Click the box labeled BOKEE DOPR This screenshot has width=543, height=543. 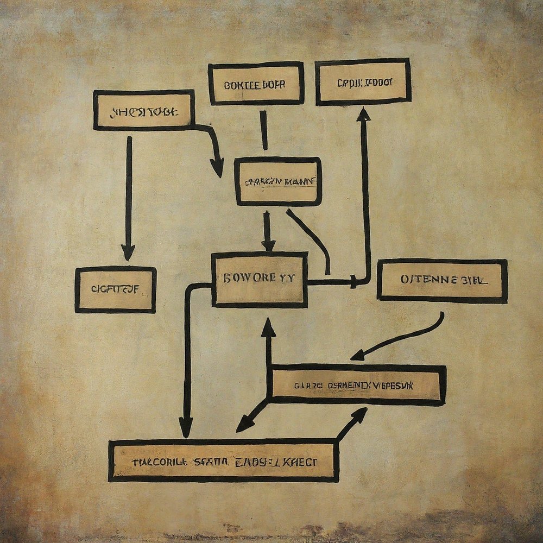click(255, 84)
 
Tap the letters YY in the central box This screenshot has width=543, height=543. click(287, 278)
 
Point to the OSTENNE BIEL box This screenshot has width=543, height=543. click(442, 280)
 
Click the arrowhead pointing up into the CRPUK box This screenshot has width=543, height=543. click(363, 114)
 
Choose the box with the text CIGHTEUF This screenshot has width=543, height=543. click(115, 290)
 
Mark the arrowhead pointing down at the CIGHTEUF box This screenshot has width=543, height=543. click(128, 252)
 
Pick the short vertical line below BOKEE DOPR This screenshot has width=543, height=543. click(264, 130)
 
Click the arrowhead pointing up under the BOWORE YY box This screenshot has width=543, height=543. click(268, 327)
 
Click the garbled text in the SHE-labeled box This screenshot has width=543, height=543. click(143, 112)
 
